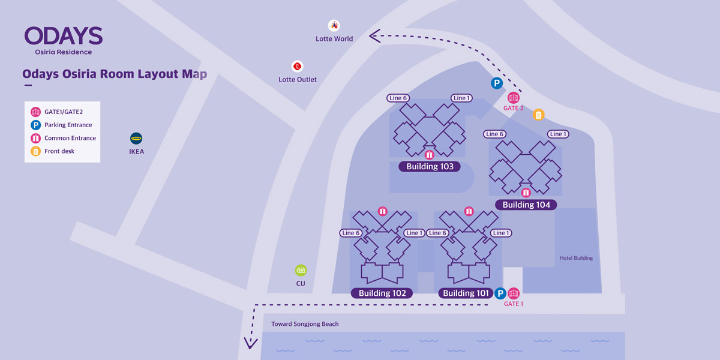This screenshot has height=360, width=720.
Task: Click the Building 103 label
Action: point(430,167)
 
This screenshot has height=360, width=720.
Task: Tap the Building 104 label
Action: point(526,205)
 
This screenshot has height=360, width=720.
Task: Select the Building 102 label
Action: point(382,293)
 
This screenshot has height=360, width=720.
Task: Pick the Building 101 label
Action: point(466,293)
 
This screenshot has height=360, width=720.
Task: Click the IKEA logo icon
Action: point(136,139)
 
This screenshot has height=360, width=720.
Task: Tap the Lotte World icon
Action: point(334,25)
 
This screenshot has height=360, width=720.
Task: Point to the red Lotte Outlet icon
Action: point(298,67)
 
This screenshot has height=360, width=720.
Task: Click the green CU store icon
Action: point(301,271)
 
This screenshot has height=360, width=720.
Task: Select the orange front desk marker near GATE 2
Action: point(538,115)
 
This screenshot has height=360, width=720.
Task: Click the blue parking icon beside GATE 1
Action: point(500,293)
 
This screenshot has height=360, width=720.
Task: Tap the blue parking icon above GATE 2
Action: point(497,83)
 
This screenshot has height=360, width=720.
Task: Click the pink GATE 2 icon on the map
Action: point(514,97)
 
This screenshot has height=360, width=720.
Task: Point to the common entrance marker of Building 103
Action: point(429,155)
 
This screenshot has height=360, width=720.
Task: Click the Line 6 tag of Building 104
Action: point(494,134)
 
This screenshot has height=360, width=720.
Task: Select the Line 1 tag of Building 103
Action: point(461,98)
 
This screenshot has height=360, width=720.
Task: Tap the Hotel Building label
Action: point(577,258)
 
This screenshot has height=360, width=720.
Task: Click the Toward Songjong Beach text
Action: point(305,324)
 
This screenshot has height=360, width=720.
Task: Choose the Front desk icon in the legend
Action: point(35,151)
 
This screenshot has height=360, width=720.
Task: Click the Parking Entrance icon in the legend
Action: point(35,125)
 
